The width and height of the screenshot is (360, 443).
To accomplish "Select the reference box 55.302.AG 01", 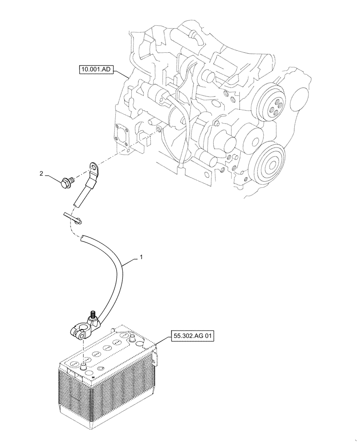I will pos(192,336).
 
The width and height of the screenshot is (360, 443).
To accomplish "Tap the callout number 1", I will pos(141,257).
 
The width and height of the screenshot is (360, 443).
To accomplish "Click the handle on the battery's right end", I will pos(154,357).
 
